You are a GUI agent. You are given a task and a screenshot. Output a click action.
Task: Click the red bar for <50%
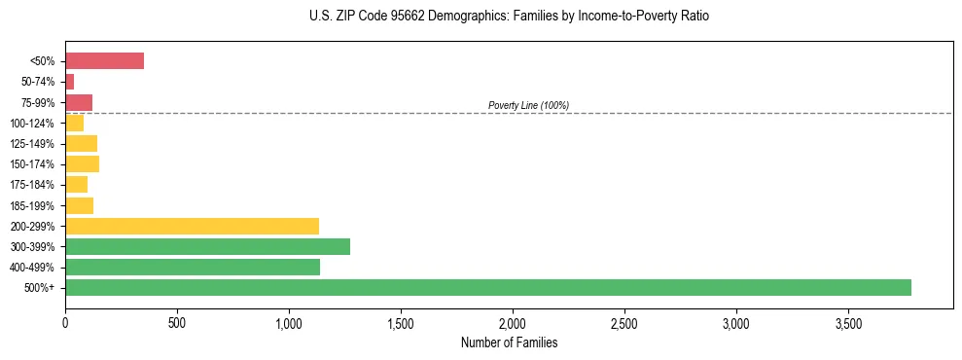point(104,61)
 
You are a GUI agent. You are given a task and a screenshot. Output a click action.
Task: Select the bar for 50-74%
point(69,82)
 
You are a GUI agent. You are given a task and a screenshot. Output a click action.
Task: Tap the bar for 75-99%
point(79,102)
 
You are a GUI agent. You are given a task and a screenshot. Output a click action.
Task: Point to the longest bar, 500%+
point(487,287)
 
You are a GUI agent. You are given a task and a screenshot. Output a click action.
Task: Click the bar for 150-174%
point(82,164)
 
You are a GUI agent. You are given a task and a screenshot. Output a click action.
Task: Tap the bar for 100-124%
point(74,123)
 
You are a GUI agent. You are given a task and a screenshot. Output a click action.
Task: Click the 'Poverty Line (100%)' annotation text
point(528,105)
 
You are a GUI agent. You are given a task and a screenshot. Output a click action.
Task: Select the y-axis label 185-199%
point(32,205)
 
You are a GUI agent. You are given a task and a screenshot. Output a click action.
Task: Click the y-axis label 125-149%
point(32,144)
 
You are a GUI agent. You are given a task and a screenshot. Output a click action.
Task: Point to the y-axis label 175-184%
point(32,185)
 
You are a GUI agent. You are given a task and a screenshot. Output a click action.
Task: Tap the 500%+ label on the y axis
point(41,288)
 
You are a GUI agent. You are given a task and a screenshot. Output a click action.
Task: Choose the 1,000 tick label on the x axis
point(289,322)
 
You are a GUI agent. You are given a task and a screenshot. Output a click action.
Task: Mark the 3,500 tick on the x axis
point(848,322)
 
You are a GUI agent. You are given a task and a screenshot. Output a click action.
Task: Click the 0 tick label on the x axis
point(65,322)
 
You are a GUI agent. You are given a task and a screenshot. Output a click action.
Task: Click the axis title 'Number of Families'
point(510,342)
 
